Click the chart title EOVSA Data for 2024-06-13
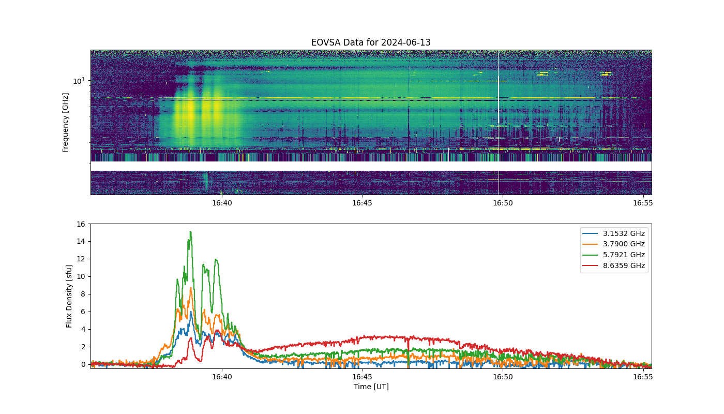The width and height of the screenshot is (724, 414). coord(371,42)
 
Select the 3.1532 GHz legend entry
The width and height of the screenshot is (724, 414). coord(614,233)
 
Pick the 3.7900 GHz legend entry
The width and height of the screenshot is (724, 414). coord(614,244)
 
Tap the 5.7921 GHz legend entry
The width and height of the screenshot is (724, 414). coord(614,255)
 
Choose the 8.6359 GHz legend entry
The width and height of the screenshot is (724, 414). coord(614,265)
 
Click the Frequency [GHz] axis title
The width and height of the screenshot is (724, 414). coord(65,123)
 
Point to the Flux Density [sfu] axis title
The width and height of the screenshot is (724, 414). coord(68,296)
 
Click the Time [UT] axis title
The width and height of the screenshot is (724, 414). coord(371,387)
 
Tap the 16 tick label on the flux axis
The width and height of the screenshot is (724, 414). coord(81,224)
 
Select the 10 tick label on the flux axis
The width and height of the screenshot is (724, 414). coord(81,276)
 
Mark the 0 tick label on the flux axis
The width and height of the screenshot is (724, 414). coord(83,364)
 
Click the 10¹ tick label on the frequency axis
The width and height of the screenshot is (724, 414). coord(79,81)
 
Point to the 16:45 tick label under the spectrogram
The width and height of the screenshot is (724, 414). coord(362,203)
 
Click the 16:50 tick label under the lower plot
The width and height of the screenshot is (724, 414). coord(503,377)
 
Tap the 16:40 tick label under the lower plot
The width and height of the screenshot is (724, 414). coord(222,377)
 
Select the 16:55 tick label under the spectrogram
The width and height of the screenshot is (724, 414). coord(643,203)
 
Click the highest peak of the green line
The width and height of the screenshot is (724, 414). coord(191,232)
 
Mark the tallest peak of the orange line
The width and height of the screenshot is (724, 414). coord(191,288)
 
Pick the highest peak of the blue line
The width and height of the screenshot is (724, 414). coord(191,312)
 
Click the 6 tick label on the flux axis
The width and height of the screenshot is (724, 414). coord(83,312)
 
